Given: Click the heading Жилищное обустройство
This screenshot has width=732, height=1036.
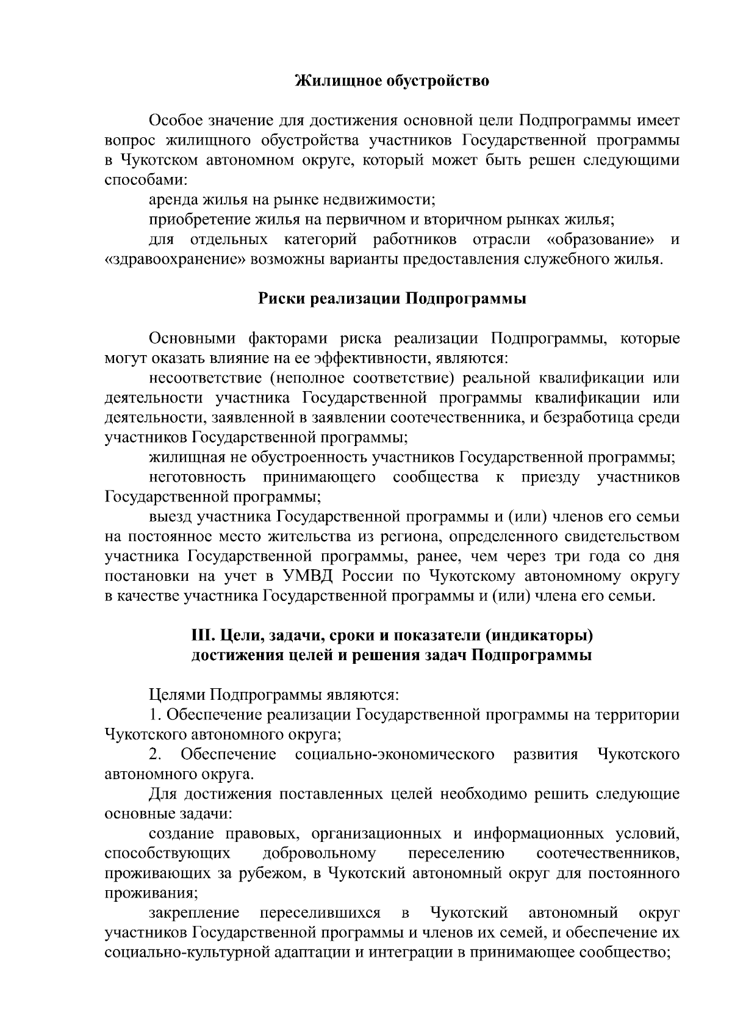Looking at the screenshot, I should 392,81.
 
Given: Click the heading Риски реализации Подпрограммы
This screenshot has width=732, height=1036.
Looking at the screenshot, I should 392,299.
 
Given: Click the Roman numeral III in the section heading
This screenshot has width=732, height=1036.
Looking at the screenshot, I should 201,636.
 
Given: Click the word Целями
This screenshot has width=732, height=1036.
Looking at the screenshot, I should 176,696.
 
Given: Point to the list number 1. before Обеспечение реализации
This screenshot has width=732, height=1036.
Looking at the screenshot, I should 155,715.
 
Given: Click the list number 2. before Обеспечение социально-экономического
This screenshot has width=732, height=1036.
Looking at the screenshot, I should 155,755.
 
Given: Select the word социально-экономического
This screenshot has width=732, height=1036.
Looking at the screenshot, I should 394,755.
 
